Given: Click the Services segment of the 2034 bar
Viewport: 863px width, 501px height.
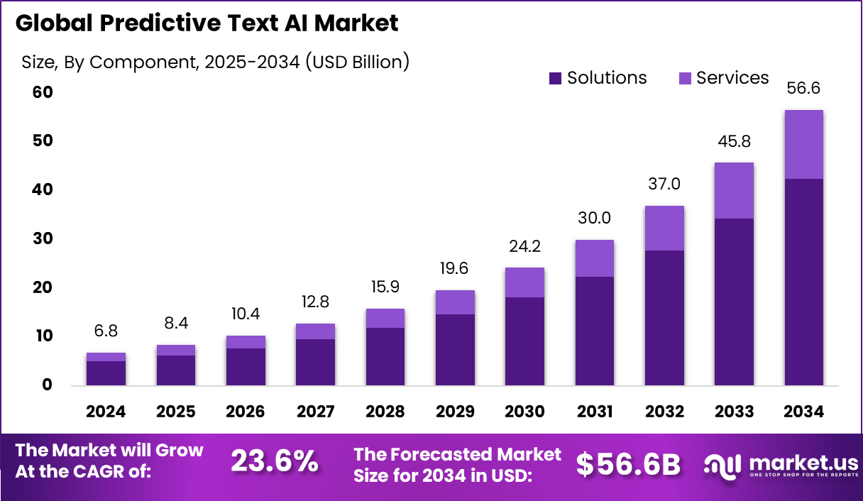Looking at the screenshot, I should click(x=803, y=145).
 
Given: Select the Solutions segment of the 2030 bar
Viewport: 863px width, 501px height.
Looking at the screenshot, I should click(x=524, y=341).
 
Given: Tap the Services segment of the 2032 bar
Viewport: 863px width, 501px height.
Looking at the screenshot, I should click(x=664, y=229).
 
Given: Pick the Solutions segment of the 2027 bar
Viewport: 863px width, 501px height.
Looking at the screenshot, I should click(x=315, y=362).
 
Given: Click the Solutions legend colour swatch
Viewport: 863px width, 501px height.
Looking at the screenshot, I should click(x=555, y=79).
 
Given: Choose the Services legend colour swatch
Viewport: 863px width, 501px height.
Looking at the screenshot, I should click(x=685, y=79).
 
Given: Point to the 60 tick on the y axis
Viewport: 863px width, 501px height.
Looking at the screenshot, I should click(x=43, y=93).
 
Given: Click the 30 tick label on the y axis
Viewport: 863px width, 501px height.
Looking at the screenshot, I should click(x=43, y=239).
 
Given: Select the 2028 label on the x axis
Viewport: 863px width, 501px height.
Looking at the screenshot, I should click(x=385, y=412).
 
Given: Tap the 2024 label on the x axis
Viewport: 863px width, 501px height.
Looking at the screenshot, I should click(x=106, y=412).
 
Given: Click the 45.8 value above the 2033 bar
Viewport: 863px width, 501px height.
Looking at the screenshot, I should click(x=734, y=142).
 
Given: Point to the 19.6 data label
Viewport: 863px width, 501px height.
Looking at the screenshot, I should click(x=455, y=269).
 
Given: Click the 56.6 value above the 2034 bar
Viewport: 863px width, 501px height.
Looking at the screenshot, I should click(x=803, y=89).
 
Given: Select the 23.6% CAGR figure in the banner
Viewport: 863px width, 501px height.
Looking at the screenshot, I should click(x=275, y=462).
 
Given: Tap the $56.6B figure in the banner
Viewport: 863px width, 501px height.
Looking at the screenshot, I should click(x=628, y=464).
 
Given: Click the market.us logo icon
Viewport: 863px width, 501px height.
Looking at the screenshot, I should click(x=722, y=465).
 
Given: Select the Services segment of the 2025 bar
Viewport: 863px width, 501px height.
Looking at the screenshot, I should click(x=176, y=350).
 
